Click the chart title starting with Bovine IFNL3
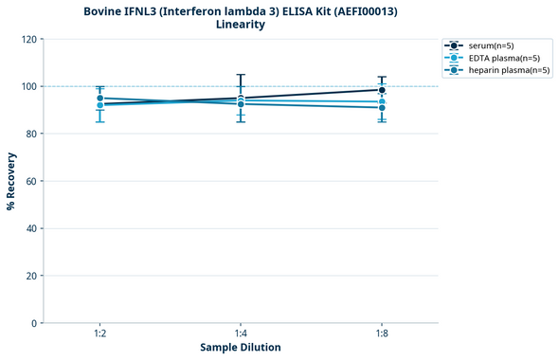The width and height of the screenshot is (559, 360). (241, 17)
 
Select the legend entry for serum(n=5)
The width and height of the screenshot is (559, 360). (490, 45)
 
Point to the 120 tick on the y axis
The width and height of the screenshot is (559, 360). (28, 39)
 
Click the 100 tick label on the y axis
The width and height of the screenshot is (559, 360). (28, 86)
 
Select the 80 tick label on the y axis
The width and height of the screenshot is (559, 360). (31, 134)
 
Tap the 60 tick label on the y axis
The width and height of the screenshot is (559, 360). (31, 181)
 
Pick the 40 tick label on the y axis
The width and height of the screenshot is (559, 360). (31, 228)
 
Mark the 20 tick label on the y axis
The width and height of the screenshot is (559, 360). (31, 276)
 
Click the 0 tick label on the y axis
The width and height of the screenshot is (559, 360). (34, 323)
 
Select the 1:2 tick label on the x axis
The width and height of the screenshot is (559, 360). (99, 333)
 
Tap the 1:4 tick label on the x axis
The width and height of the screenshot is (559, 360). (241, 333)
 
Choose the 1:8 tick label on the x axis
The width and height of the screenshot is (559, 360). (382, 333)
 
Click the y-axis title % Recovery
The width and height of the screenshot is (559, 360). (11, 181)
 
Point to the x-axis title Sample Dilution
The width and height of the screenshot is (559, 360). (241, 348)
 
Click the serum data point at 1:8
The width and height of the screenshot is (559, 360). (382, 90)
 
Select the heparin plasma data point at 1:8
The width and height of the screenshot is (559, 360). (382, 108)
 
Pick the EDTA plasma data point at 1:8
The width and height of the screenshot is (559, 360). (382, 101)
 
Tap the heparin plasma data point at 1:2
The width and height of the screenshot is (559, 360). (99, 99)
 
